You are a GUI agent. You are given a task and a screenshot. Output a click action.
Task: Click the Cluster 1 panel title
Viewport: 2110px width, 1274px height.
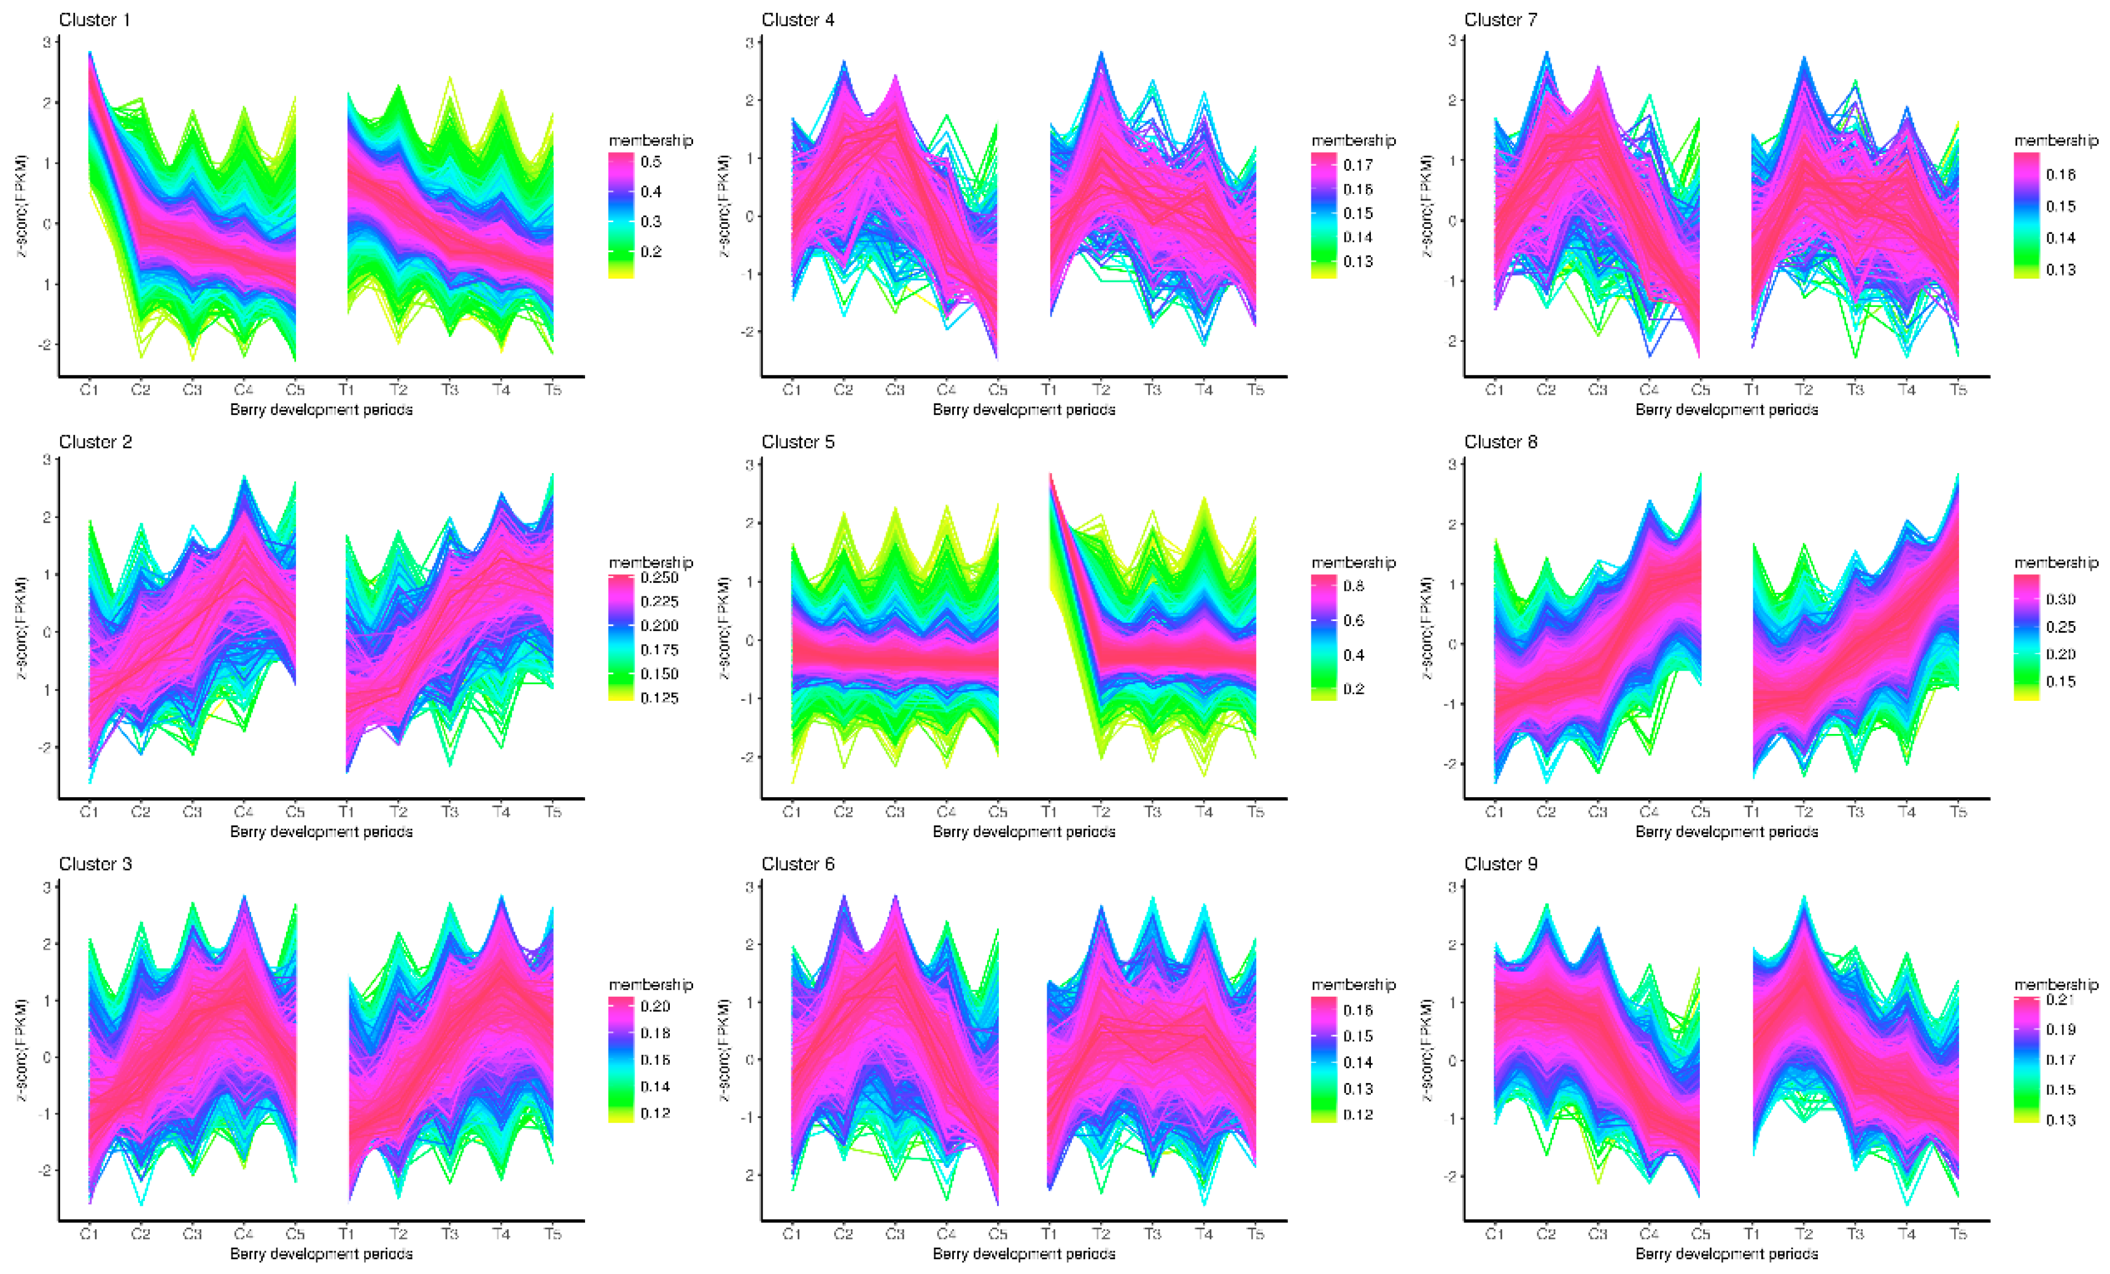94,20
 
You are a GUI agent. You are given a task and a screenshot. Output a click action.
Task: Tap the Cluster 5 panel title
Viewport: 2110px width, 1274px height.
797,442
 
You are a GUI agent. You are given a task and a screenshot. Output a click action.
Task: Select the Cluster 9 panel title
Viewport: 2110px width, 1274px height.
1500,864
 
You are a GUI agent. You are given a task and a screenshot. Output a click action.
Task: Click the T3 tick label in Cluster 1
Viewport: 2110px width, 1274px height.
449,390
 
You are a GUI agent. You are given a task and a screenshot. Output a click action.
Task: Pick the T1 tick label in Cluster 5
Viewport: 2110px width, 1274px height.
1049,812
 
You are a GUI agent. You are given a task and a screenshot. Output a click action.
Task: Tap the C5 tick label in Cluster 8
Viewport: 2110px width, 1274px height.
1701,812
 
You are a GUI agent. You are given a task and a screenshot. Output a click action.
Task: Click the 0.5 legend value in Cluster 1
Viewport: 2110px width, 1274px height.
651,162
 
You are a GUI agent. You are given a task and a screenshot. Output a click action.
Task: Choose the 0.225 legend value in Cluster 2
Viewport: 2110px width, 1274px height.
659,602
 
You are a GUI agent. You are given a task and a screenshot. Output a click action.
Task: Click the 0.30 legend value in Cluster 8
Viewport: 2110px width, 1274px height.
2060,600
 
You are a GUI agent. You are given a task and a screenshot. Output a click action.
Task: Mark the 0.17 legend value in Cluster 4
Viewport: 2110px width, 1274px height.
1357,164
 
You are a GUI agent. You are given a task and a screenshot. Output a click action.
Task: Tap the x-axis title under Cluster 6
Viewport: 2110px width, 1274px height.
1023,1254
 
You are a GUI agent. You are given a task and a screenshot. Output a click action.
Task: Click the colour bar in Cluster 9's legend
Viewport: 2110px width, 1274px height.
2026,1060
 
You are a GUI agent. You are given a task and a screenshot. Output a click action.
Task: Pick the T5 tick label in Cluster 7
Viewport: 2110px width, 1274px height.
1958,390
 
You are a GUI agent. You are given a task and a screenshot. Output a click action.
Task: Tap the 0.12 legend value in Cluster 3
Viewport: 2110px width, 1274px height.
655,1113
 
